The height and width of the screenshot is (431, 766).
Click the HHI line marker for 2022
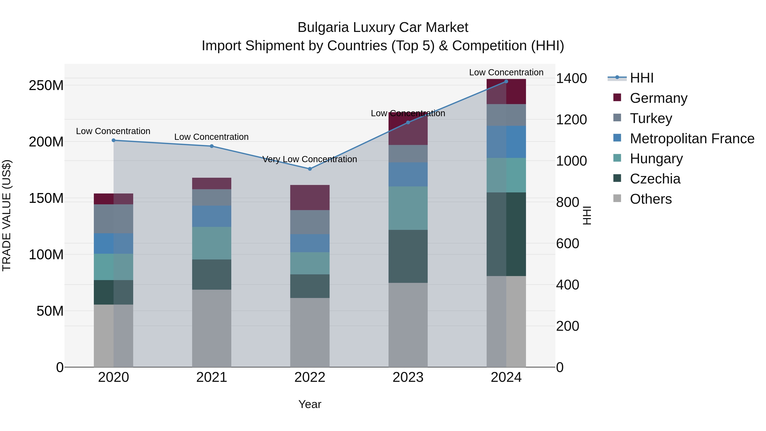(310, 169)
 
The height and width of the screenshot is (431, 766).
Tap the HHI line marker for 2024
(506, 82)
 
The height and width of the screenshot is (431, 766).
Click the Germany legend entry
(658, 98)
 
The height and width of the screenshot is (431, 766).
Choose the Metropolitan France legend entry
(692, 138)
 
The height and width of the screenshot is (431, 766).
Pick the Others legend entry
(651, 199)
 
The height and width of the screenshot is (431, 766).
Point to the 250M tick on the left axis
(46, 86)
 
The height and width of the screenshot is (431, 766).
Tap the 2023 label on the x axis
(408, 377)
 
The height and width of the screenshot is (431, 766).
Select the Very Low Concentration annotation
(310, 159)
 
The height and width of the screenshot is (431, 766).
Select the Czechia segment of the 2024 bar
(506, 234)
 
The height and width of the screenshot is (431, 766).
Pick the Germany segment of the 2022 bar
(310, 198)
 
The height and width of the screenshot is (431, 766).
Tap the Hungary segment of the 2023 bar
(408, 208)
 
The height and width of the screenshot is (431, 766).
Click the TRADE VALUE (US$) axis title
(7, 215)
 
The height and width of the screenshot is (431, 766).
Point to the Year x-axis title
(310, 404)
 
